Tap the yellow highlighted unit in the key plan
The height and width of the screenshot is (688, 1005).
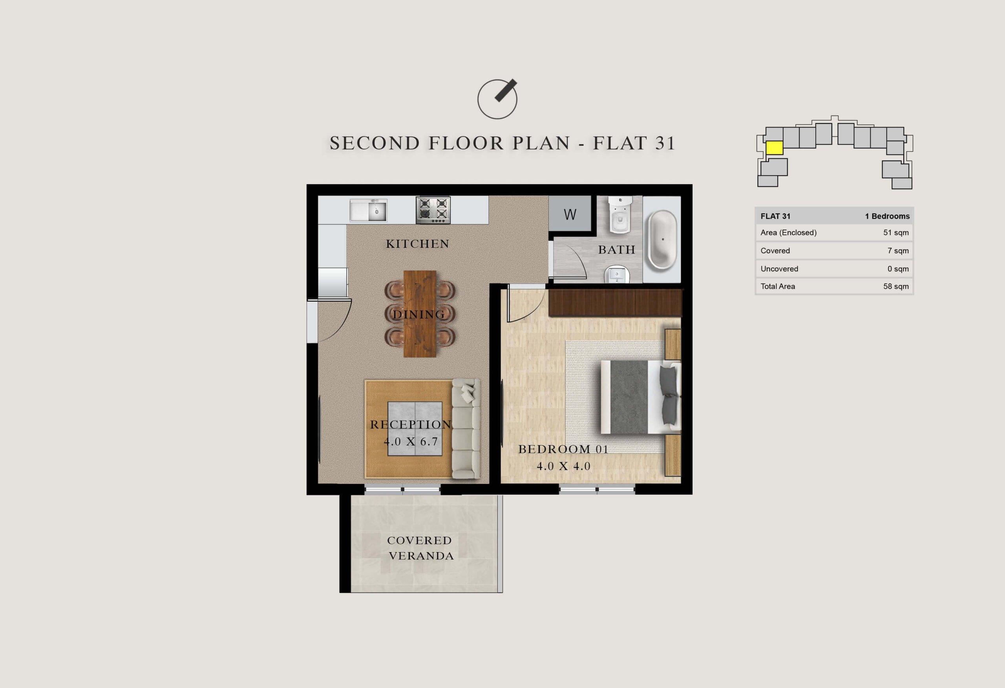point(774,148)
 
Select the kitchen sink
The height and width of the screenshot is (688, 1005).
point(369,210)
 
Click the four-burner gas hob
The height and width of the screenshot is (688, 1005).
point(433,210)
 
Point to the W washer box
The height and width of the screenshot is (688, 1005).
point(570,214)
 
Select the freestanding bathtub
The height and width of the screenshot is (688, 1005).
point(661,239)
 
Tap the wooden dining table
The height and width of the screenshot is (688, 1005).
point(420,314)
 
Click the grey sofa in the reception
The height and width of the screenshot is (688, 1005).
point(466,429)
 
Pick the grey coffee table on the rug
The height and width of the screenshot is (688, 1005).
point(415,428)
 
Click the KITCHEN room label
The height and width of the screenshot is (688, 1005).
point(417,244)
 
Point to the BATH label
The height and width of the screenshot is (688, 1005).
point(617,250)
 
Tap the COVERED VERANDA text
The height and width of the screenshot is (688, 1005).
point(420,548)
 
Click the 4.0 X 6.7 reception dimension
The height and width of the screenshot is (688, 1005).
point(411,441)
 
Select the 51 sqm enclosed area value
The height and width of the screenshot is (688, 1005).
point(895,233)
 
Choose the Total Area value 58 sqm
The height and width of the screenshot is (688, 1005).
point(895,286)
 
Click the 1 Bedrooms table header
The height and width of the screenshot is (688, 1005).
point(887,216)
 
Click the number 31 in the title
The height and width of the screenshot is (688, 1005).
point(665,143)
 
